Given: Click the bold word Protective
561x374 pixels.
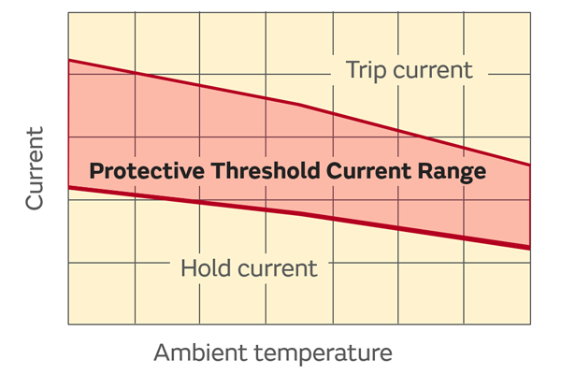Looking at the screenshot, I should (x=147, y=172).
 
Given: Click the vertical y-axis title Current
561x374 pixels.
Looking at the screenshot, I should (x=34, y=167).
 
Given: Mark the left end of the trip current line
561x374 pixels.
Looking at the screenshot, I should (x=69, y=60).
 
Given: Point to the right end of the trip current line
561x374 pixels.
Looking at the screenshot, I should (x=530, y=165).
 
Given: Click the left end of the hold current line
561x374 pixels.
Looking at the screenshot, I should (x=69, y=188).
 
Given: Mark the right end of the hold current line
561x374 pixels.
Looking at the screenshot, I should (x=530, y=247).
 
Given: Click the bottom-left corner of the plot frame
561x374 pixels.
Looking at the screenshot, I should (x=69, y=324).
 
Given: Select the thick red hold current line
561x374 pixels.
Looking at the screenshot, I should (x=299, y=216).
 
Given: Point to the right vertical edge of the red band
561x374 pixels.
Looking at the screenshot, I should (x=530, y=206).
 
